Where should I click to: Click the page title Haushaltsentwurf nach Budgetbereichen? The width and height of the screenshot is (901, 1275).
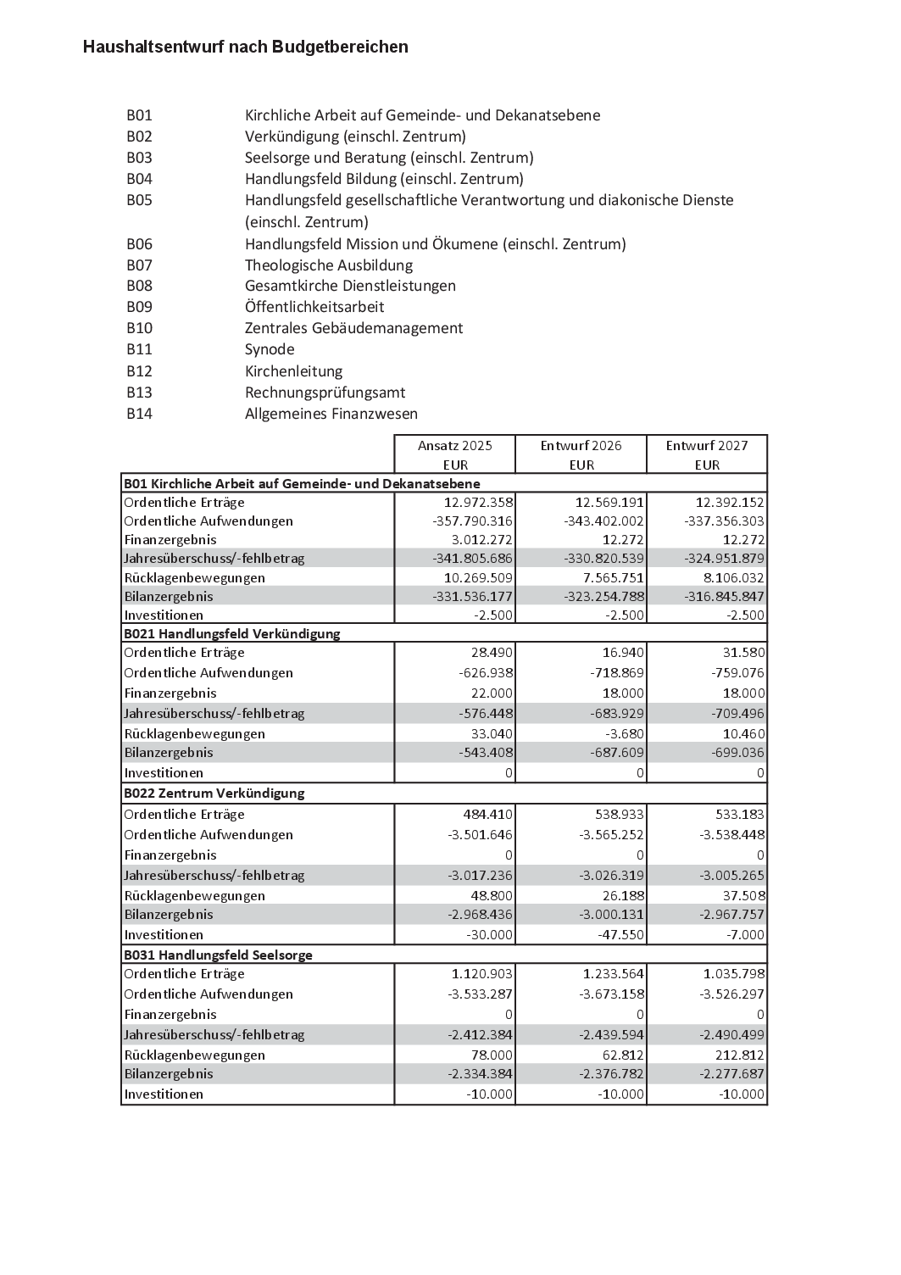tap(246, 47)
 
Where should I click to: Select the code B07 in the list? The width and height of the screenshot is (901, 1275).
tap(139, 265)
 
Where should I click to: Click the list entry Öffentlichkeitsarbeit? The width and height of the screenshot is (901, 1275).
tap(314, 307)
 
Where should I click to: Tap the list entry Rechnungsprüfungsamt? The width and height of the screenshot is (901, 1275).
tap(325, 393)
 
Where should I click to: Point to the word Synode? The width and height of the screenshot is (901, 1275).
tap(270, 349)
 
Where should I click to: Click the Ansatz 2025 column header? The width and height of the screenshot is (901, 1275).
tap(454, 446)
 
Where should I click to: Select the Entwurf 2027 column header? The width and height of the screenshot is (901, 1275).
tap(706, 446)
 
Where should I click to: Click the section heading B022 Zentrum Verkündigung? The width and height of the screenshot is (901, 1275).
tap(214, 793)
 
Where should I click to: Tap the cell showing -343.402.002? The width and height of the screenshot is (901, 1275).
tap(603, 521)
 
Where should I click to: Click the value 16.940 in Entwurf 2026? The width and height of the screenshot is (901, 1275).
tap(625, 653)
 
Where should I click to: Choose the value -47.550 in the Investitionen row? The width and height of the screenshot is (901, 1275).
tap(621, 934)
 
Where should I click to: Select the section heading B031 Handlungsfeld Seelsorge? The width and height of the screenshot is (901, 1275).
tap(218, 955)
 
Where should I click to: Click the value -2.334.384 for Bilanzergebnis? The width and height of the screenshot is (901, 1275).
tap(480, 1073)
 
